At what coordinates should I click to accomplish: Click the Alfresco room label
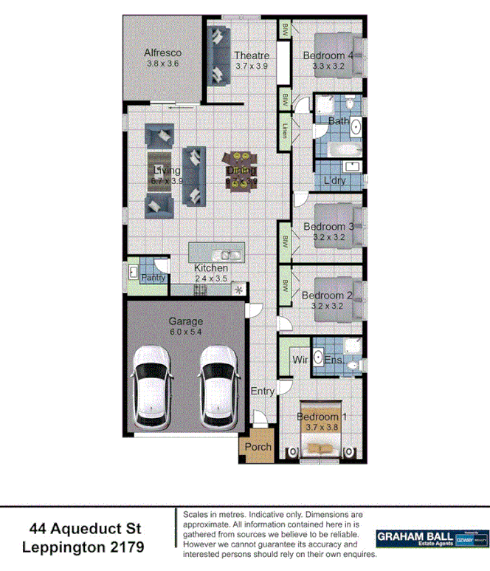(x=162, y=53)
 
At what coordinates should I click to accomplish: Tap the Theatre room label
(x=251, y=55)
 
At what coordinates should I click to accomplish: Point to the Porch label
(x=258, y=447)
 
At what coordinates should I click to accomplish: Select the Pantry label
(x=153, y=278)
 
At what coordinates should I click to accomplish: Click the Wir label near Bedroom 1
(x=299, y=360)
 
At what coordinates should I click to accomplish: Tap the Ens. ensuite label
(x=333, y=360)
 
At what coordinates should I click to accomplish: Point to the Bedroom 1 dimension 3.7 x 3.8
(x=321, y=428)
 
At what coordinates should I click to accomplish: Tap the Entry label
(x=263, y=391)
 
